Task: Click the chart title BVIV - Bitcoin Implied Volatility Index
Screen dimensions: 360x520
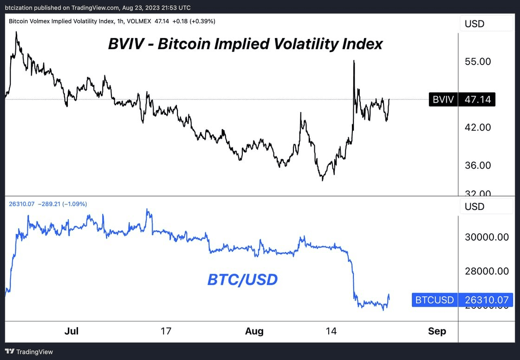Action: [x=245, y=44]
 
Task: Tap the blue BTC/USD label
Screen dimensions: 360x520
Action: [x=242, y=279]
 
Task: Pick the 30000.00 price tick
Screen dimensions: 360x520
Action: [x=487, y=237]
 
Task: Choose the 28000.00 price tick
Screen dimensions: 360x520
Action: [x=487, y=271]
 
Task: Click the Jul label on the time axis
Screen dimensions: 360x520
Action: [x=71, y=331]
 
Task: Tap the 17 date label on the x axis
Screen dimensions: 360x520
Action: [x=166, y=331]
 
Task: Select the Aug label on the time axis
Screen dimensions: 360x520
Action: [x=254, y=331]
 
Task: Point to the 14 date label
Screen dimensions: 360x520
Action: [x=331, y=331]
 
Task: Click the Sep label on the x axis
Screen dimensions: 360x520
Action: [x=437, y=331]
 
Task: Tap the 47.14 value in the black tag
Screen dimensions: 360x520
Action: [x=477, y=99]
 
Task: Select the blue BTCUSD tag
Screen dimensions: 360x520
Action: [x=435, y=300]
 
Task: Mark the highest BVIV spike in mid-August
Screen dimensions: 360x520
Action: [x=354, y=61]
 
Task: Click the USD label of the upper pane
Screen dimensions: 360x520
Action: [x=474, y=24]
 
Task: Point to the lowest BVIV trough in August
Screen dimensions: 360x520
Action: [x=322, y=180]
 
